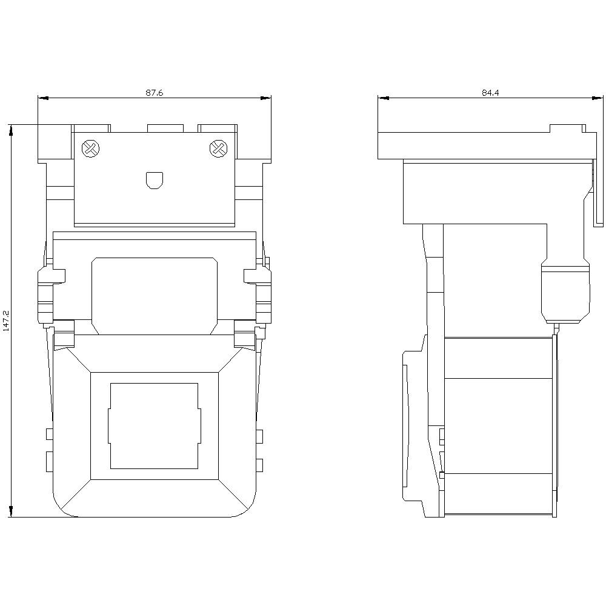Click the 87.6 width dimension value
155,93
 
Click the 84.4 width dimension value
490,93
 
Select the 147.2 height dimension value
6,321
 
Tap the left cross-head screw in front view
90,148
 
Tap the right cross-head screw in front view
217,148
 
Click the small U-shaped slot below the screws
155,180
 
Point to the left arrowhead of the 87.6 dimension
41,98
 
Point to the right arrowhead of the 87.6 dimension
267,98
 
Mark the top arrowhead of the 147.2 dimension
11,128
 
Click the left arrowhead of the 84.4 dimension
381,98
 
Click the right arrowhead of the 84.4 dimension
601,98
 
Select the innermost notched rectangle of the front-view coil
154,425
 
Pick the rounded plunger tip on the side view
564,292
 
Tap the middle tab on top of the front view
165,128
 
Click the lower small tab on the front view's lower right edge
259,465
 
